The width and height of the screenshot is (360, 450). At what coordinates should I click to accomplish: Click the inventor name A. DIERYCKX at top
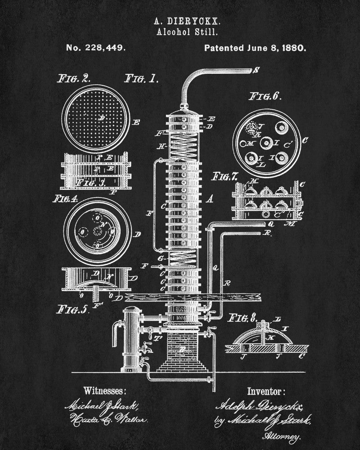pos(180,21)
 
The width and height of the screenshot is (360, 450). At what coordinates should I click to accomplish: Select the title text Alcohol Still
pos(180,32)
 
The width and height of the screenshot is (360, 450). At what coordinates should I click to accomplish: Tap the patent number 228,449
pos(95,47)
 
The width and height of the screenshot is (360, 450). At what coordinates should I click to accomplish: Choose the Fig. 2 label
pos(74,78)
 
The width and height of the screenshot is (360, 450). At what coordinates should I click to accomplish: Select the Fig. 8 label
pos(242,319)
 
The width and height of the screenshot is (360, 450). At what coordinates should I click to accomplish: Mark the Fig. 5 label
pos(72,310)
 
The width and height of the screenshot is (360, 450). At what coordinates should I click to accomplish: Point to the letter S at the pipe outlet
pos(256,70)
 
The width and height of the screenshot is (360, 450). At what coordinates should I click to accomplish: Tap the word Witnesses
pos(105,389)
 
